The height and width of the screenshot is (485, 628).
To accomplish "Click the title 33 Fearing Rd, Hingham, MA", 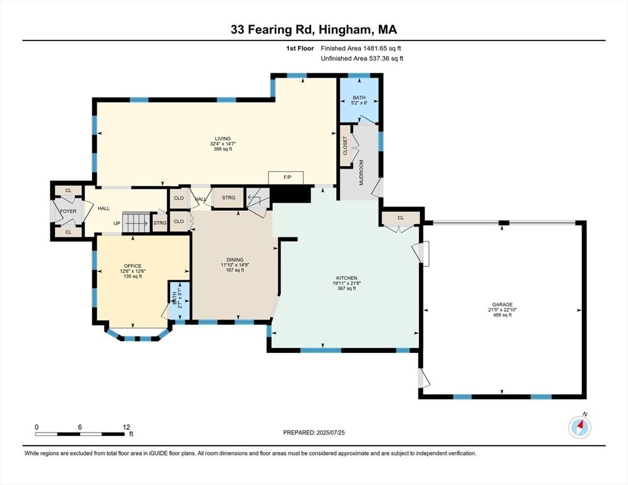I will coord(313,30).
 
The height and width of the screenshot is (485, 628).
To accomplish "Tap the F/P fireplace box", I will coord(286,177).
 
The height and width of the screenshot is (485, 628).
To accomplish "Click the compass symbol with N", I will coord(579,428).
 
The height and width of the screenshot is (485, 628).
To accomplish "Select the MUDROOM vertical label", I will coord(361,172).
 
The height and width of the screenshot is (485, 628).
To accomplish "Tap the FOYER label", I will coord(68,212).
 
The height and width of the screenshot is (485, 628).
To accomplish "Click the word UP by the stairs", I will coord(117,223).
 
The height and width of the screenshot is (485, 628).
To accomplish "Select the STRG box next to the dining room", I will coord(228,198).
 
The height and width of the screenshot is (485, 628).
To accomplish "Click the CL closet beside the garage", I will coord(401,219).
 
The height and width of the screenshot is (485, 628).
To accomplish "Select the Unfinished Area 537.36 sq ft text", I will coord(362,59).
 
